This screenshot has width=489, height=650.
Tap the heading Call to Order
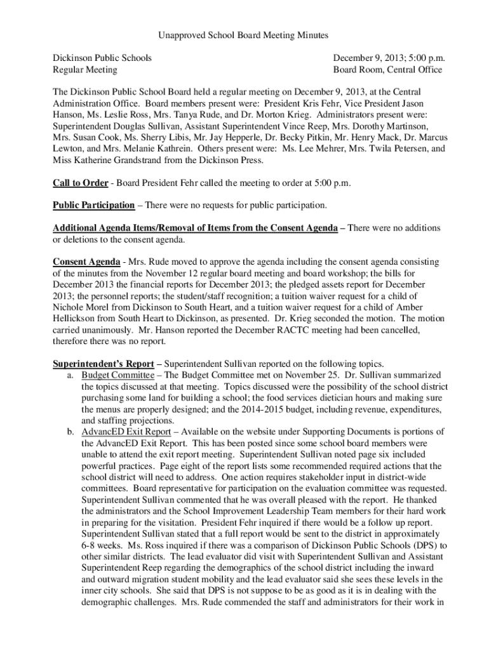click(x=80, y=183)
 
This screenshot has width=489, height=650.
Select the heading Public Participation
click(x=93, y=206)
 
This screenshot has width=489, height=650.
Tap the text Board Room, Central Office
click(x=387, y=70)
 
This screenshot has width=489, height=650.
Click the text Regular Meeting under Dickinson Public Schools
click(x=84, y=70)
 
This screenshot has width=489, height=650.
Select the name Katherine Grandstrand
click(x=120, y=160)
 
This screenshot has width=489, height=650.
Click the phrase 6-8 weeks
click(x=103, y=546)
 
